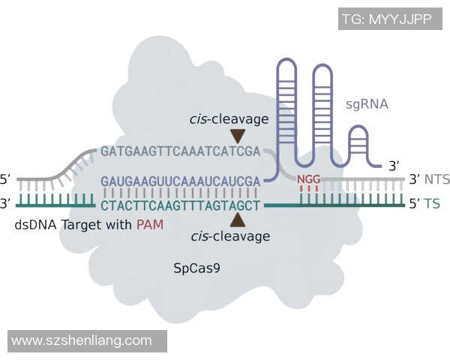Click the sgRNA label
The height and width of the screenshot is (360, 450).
[x=367, y=104]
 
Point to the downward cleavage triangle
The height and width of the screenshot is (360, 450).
[x=238, y=136]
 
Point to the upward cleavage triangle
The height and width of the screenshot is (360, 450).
[x=238, y=219]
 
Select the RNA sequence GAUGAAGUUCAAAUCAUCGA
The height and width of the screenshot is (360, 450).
[x=179, y=181]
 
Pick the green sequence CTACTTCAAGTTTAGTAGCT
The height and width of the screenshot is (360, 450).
[x=179, y=205]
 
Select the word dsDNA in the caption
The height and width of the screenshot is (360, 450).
[x=34, y=224]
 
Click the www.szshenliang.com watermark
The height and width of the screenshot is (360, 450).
[x=82, y=341]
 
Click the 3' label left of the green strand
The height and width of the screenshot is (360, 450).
[x=6, y=202]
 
